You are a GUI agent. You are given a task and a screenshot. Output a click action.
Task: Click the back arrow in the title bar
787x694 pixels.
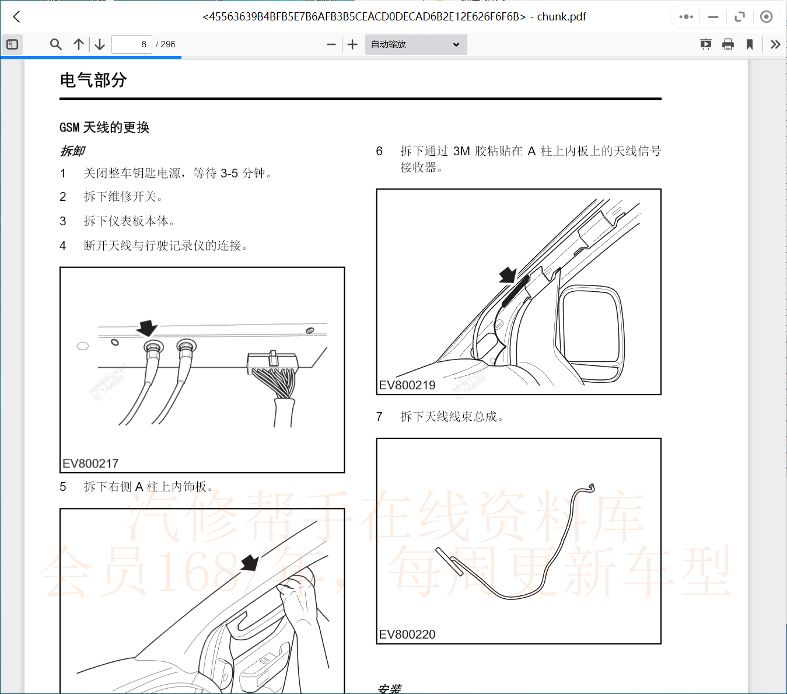(x=16, y=17)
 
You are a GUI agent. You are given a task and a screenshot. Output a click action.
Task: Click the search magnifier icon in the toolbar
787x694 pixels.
(x=55, y=44)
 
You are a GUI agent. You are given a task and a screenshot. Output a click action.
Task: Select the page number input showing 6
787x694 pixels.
(x=132, y=44)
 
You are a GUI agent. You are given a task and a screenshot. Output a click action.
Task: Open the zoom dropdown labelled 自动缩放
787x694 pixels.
(x=415, y=44)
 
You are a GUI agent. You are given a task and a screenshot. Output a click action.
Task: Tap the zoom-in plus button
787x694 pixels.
(x=352, y=44)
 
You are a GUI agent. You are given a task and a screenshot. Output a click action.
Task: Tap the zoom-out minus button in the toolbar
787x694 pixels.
(x=331, y=44)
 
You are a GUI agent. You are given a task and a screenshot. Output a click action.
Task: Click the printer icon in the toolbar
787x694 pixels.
(x=727, y=44)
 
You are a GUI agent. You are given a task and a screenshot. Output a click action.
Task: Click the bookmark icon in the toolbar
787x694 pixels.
(x=750, y=44)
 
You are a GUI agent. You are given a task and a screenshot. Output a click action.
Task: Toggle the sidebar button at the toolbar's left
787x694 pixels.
(x=12, y=44)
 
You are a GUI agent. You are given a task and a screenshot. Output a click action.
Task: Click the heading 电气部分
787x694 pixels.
(x=93, y=80)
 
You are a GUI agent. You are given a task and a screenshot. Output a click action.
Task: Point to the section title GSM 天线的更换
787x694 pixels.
(x=104, y=127)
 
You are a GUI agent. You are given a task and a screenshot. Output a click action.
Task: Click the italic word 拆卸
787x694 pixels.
(x=73, y=151)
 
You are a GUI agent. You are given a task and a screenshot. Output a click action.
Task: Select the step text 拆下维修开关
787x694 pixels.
(x=123, y=197)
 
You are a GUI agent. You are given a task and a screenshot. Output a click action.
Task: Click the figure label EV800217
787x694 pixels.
(x=90, y=463)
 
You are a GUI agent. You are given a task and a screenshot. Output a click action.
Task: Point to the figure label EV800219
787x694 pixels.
(x=407, y=385)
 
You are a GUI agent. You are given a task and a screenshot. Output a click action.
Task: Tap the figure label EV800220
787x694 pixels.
(x=407, y=634)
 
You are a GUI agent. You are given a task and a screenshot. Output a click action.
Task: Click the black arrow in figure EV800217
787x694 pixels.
(x=146, y=328)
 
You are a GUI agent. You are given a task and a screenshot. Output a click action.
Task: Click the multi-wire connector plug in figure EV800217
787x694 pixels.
(x=272, y=365)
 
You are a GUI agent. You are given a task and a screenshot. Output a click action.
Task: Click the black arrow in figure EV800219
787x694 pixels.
(x=508, y=275)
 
